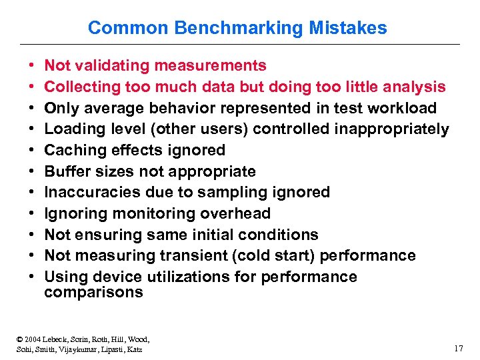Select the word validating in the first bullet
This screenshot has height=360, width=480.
coord(113,65)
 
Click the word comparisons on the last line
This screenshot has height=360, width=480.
coord(93,293)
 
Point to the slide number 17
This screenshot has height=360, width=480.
coord(458,348)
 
